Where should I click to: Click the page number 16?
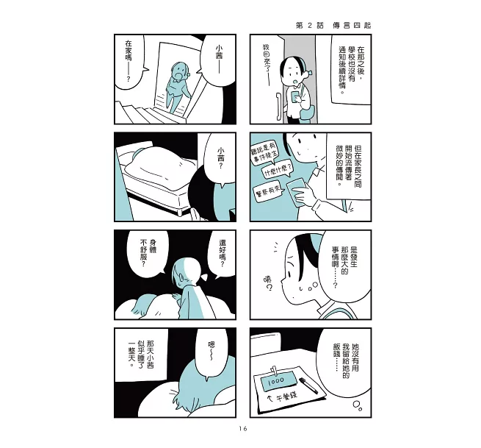point(243,429)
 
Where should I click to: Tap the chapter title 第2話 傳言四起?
point(333,26)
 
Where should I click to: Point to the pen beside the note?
point(308,385)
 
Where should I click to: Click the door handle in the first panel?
point(278,107)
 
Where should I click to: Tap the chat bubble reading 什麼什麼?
point(277,171)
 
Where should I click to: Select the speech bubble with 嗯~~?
point(211,352)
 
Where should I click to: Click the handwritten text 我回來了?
point(266,64)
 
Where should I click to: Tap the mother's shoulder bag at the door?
point(308,113)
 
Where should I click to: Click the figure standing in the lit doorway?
point(178,87)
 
